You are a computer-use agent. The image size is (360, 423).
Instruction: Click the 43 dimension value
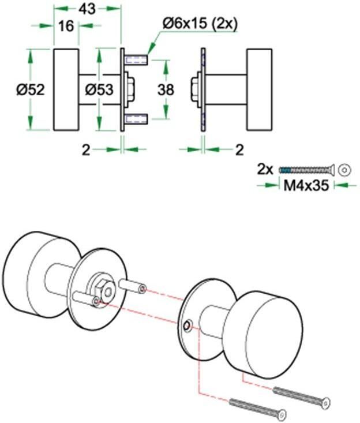pos(87,9)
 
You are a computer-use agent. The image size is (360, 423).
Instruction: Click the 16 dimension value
pos(67,27)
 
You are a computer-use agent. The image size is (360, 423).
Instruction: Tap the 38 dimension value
pos(166,90)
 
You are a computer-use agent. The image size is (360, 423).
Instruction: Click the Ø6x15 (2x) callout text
pos(193,24)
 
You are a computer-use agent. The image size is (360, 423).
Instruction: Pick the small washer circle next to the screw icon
pos(344,169)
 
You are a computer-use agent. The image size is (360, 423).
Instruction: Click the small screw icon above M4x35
pos(306,169)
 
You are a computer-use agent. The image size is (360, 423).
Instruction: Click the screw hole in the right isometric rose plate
pos(187,327)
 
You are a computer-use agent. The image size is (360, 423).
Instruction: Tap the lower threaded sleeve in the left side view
pos(136,119)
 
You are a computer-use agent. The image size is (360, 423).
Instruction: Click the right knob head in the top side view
pos(260,90)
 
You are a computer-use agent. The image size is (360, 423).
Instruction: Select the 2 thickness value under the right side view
pos(239,149)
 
